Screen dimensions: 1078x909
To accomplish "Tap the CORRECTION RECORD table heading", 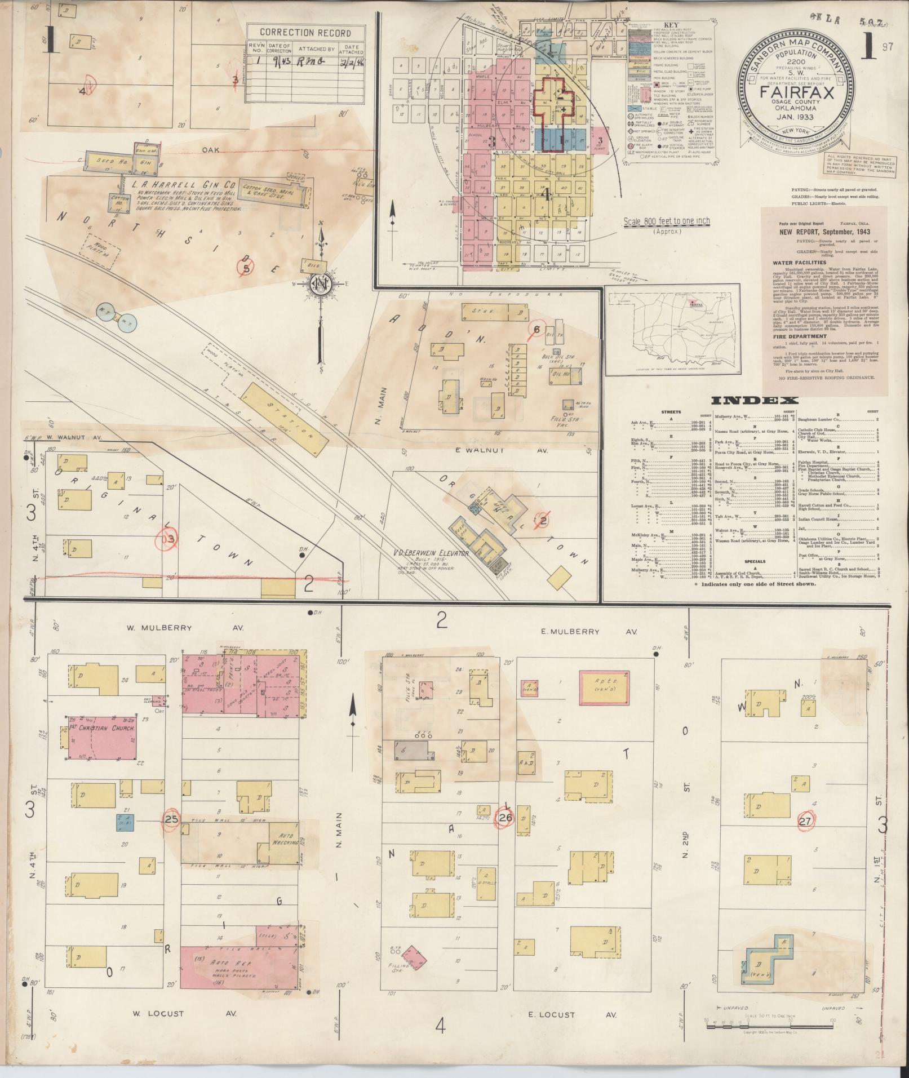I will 305,33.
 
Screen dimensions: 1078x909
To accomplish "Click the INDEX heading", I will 755,401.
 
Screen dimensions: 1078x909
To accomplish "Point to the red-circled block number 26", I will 504,817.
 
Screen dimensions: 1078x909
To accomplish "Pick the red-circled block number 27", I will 806,821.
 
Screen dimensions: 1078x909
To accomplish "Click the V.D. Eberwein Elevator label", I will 432,554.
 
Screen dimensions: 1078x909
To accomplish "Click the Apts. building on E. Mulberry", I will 605,687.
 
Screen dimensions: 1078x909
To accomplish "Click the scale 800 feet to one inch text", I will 666,221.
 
